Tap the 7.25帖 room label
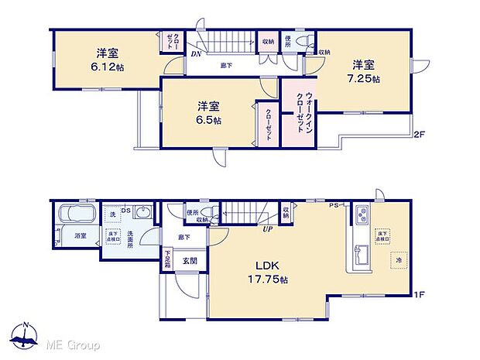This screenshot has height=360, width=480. point(365,71)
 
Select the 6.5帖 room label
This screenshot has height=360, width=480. point(207,113)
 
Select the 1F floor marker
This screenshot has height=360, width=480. point(419,295)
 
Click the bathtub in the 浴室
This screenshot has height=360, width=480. point(75,214)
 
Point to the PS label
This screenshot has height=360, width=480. point(334,205)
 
